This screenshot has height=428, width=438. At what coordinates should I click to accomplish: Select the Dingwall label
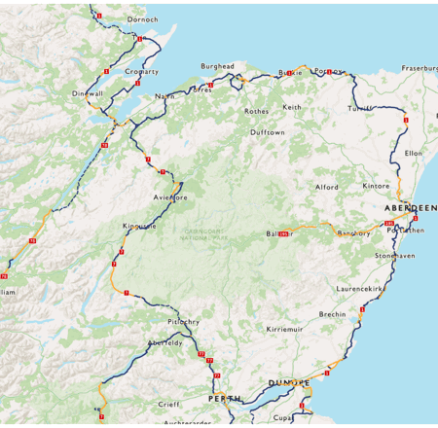(88, 93)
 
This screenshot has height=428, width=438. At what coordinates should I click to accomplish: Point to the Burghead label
(217, 66)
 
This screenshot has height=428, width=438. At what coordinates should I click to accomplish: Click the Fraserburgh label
(420, 69)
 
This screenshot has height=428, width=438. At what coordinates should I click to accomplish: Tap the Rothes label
(256, 111)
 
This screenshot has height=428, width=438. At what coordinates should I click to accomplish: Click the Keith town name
(292, 107)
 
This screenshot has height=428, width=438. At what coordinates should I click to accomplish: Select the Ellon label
(413, 153)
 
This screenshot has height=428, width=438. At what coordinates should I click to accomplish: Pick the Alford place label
(326, 187)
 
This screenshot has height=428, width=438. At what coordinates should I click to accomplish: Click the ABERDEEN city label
(410, 208)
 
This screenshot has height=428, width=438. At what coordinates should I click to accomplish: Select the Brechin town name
(332, 314)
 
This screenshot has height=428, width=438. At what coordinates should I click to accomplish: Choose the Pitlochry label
(183, 321)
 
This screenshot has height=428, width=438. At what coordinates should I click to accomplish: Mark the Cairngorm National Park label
(206, 234)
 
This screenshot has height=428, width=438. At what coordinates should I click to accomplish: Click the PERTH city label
(223, 399)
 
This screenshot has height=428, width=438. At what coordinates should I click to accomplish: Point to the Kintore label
(376, 185)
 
